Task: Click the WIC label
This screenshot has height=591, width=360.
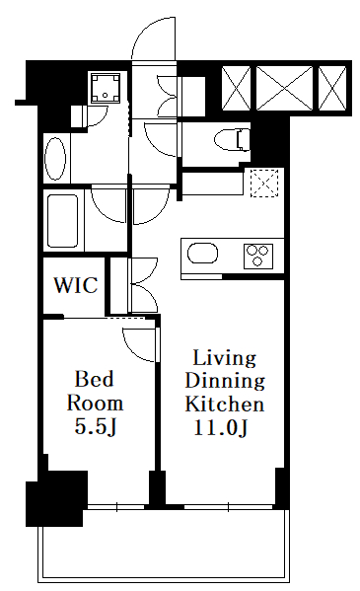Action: (x=76, y=285)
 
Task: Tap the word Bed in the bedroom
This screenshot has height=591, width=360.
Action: (x=95, y=379)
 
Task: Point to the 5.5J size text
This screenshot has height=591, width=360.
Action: (x=95, y=426)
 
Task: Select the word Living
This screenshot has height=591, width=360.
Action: (x=225, y=359)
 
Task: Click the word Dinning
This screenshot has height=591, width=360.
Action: (x=225, y=381)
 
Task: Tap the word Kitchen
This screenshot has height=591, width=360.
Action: (x=225, y=404)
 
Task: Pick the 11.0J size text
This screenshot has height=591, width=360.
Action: (x=221, y=427)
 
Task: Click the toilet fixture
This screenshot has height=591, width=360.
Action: (x=232, y=140)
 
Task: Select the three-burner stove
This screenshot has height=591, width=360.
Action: (x=258, y=257)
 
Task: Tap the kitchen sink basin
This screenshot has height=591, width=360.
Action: (x=202, y=254)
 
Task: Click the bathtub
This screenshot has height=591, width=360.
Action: (x=63, y=220)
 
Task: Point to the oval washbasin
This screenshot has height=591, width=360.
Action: (x=55, y=158)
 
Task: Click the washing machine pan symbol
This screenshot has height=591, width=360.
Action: (x=106, y=88)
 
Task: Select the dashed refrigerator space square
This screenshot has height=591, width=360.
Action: (x=265, y=183)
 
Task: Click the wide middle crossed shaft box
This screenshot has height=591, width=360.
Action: (x=284, y=88)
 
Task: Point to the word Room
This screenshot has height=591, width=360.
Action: (x=95, y=404)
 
